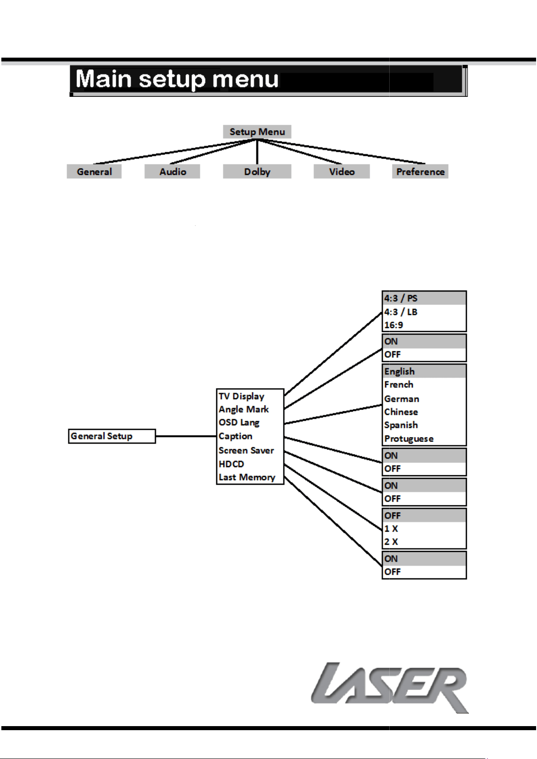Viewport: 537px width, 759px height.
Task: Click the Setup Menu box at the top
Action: (257, 132)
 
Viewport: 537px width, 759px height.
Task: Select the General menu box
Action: (94, 172)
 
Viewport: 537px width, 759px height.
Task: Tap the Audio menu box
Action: (173, 172)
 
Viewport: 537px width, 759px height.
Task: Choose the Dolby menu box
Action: (257, 172)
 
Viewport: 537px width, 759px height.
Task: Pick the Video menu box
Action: (341, 172)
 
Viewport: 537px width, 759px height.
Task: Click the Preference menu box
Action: (420, 172)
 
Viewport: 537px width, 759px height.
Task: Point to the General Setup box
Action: (112, 436)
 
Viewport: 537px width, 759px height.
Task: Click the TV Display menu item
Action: (241, 396)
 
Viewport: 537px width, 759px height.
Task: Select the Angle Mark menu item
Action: (244, 409)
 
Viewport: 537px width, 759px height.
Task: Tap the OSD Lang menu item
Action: (239, 423)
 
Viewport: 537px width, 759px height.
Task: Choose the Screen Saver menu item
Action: (246, 450)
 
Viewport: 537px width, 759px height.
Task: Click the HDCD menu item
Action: (232, 464)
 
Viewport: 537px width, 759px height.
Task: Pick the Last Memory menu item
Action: (247, 477)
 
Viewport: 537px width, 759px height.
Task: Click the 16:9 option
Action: (393, 325)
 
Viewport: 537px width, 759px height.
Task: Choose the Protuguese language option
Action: (409, 438)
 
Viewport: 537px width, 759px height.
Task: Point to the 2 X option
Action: (391, 541)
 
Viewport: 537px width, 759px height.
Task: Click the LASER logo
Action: (390, 688)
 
